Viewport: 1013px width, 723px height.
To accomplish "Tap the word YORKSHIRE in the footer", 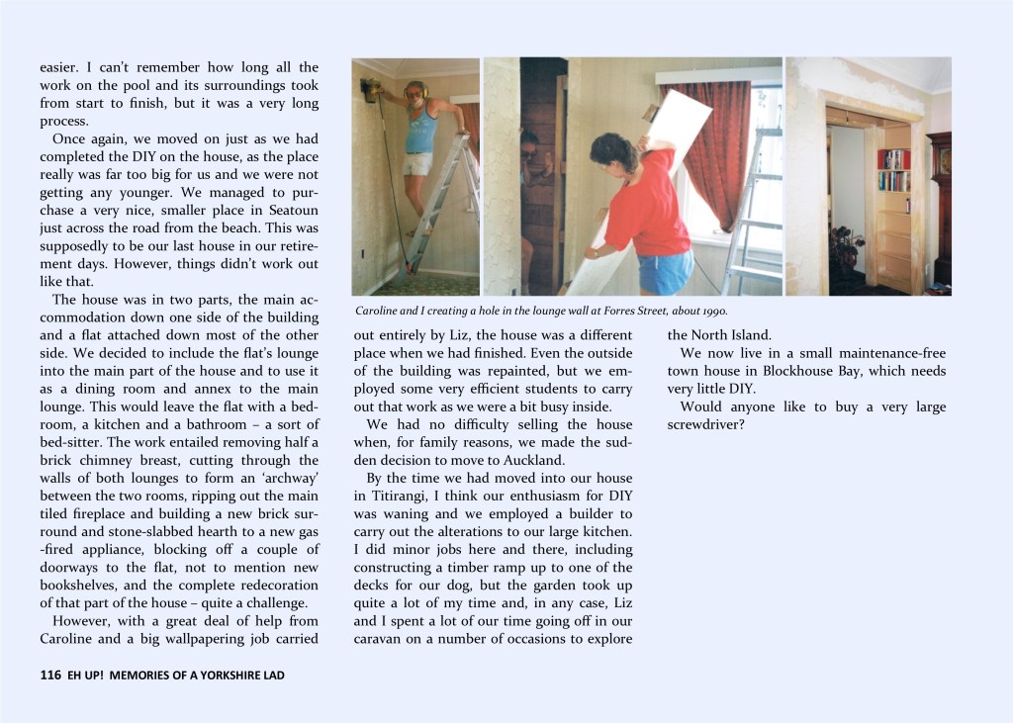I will click(219, 676).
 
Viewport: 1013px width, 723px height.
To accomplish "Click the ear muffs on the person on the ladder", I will click(415, 88).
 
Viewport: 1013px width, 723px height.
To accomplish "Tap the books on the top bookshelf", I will click(892, 158).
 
